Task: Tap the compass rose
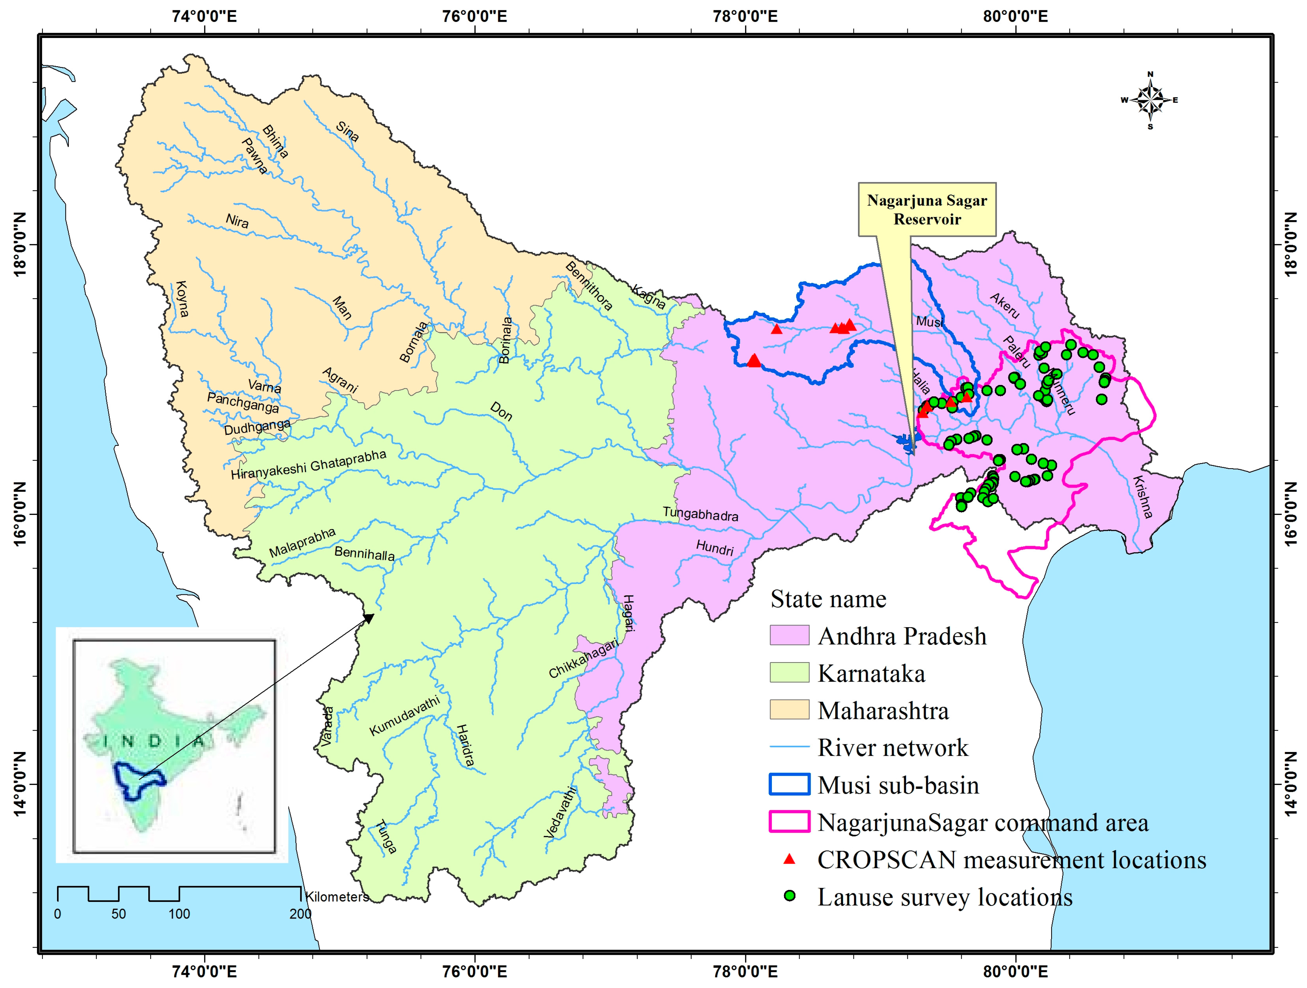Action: click(x=1150, y=100)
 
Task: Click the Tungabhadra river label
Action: click(x=700, y=514)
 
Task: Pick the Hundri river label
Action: click(x=715, y=547)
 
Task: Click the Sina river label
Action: click(x=347, y=131)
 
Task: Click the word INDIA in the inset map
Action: click(x=155, y=741)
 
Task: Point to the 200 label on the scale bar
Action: click(x=300, y=914)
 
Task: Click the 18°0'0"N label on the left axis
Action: click(x=19, y=244)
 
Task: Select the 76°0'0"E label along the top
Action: click(x=475, y=16)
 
